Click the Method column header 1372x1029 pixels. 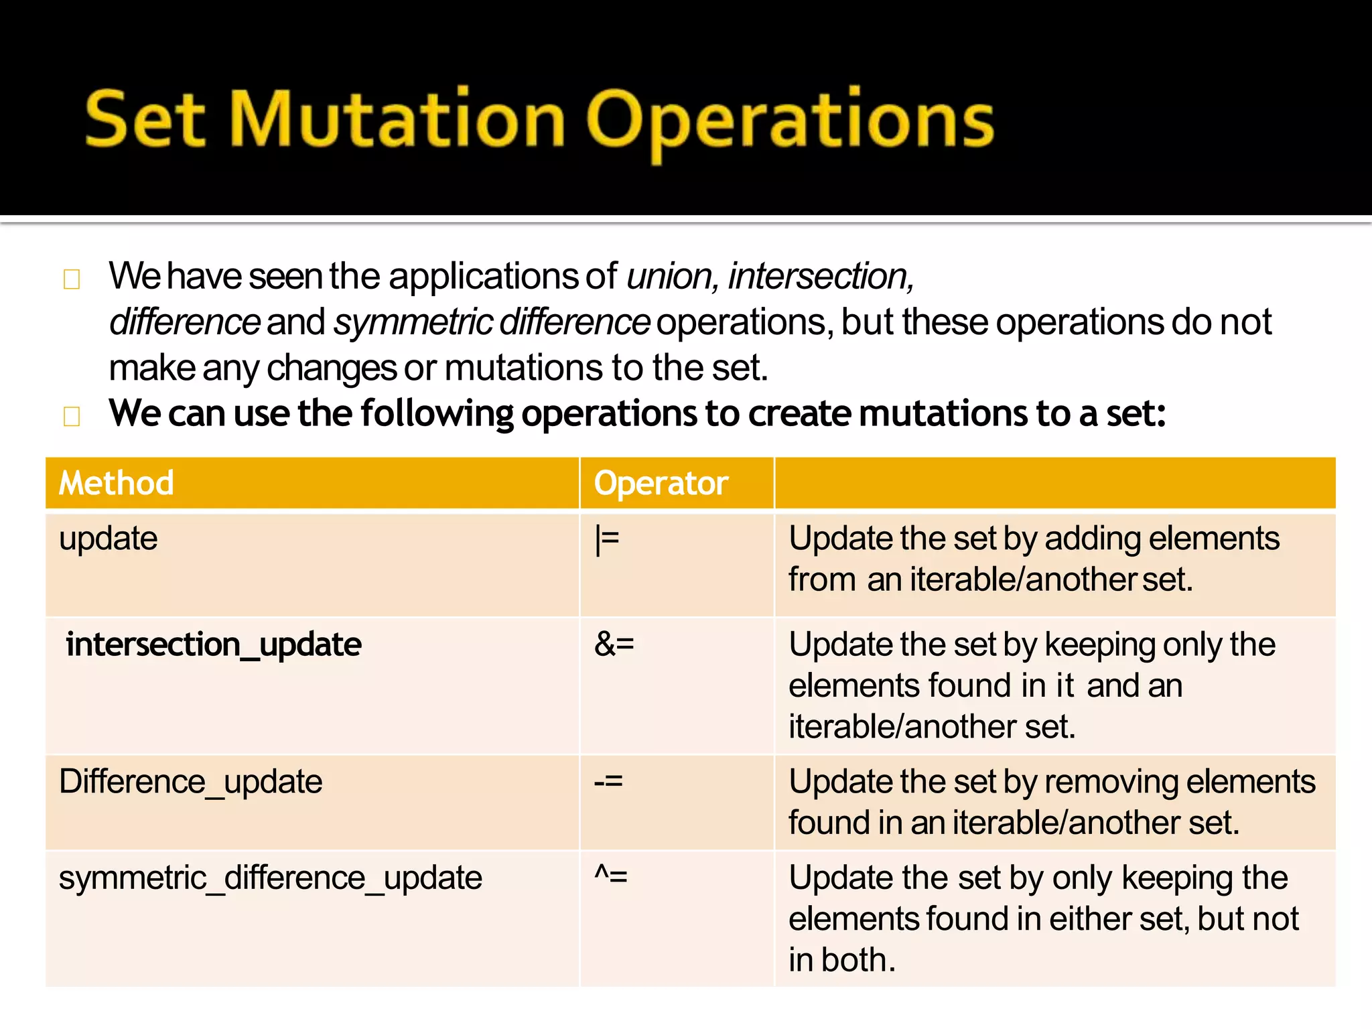click(117, 483)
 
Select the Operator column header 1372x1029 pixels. click(661, 483)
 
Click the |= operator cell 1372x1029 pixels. click(608, 540)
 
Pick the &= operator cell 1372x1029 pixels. click(614, 644)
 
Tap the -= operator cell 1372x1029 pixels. click(608, 781)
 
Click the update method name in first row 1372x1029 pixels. click(109, 539)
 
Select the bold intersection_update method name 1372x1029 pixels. click(214, 644)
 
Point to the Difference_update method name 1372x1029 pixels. click(191, 782)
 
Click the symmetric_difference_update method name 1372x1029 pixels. click(270, 878)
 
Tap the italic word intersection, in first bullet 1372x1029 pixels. click(821, 277)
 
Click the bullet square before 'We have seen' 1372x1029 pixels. click(72, 279)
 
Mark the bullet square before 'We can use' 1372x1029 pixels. click(72, 416)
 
